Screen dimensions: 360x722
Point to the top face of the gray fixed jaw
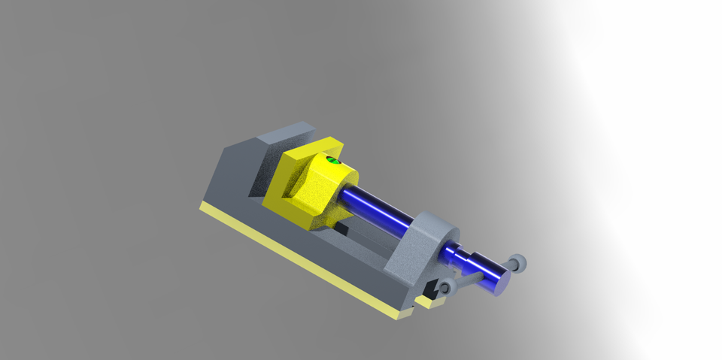[283, 135]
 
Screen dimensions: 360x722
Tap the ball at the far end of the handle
[518, 263]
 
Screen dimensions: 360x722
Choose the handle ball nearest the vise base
[445, 288]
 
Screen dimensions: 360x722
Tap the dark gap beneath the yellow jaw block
[342, 226]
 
